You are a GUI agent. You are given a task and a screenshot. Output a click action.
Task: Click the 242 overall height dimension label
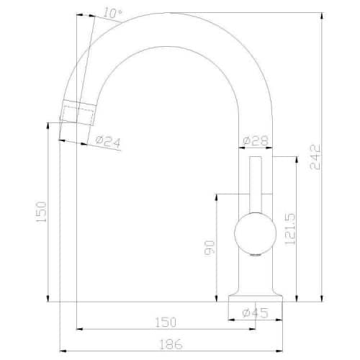coord(315,157)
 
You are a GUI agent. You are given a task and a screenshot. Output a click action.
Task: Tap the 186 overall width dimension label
coord(171,345)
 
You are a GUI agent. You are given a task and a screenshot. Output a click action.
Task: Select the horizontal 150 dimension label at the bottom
coord(166,323)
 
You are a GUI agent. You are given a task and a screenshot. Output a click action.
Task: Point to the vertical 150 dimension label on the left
coord(41,212)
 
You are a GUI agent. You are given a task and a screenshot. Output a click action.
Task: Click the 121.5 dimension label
coord(289,229)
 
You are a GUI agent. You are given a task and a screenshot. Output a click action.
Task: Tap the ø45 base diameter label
coord(255,312)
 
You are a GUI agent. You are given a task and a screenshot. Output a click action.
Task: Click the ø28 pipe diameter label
coord(256,140)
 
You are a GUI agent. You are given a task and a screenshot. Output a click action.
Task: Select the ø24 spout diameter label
coord(108,142)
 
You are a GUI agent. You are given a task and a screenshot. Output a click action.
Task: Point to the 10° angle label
coord(112,13)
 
